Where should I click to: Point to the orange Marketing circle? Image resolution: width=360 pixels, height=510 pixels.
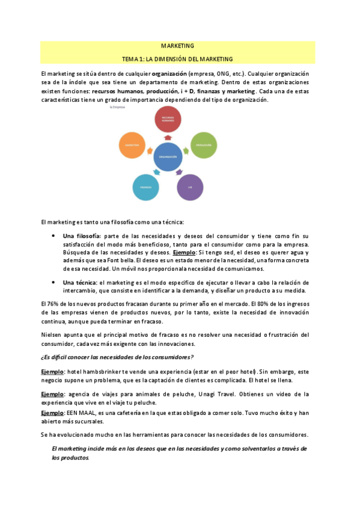pyautogui.click(x=133, y=146)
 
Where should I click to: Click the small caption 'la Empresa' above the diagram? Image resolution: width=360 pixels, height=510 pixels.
pyautogui.click(x=117, y=108)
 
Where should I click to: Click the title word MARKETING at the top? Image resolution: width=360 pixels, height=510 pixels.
pyautogui.click(x=177, y=46)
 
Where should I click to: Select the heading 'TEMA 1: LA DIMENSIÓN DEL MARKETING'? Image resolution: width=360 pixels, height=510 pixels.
pyautogui.click(x=177, y=59)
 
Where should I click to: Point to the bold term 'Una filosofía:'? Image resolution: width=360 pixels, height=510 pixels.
pyautogui.click(x=82, y=235)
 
